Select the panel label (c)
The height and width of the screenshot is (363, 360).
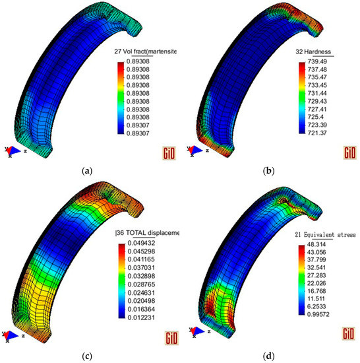(87, 356)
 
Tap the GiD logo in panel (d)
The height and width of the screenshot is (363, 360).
(348, 339)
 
